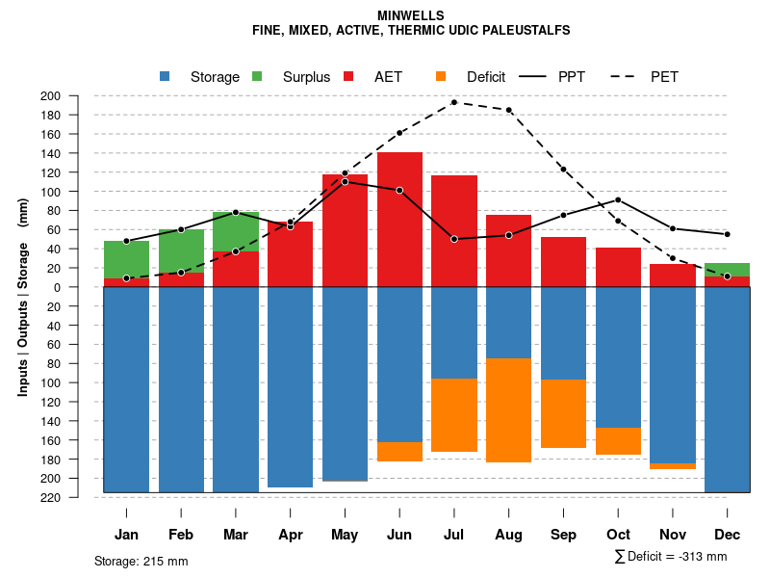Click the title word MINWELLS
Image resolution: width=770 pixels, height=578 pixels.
tap(411, 16)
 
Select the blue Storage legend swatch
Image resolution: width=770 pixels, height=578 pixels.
tap(166, 77)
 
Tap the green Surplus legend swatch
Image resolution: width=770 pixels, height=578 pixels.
tap(258, 77)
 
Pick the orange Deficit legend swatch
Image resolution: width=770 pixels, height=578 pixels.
tap(441, 77)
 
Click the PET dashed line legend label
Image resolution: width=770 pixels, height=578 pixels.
tap(664, 77)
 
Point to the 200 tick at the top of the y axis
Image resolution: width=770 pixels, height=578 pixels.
tap(76, 96)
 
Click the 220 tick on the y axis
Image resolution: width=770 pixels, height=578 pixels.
tap(76, 497)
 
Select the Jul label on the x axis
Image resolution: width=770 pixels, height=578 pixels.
tap(454, 535)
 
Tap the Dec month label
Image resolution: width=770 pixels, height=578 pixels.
tap(728, 535)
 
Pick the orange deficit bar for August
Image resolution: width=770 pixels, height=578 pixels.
tap(509, 409)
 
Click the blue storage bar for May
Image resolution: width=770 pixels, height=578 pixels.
tap(345, 385)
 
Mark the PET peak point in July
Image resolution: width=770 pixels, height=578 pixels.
tap(454, 102)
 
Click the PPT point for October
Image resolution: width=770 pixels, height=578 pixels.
tap(618, 199)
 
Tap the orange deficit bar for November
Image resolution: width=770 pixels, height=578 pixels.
tap(673, 466)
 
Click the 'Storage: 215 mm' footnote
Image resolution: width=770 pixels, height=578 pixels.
tap(141, 561)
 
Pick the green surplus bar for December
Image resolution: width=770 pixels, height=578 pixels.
tap(728, 270)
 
